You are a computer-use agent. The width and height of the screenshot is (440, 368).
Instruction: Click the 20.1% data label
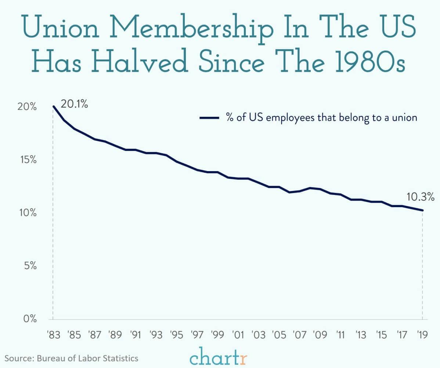click(74, 104)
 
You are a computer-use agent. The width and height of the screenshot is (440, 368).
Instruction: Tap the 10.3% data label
click(421, 198)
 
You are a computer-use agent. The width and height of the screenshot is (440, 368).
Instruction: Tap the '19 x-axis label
click(422, 336)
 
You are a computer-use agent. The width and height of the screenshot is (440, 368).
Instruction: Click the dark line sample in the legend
click(209, 118)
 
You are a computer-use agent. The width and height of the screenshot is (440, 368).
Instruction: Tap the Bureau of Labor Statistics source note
click(72, 358)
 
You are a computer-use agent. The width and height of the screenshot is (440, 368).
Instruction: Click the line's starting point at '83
click(53, 107)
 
